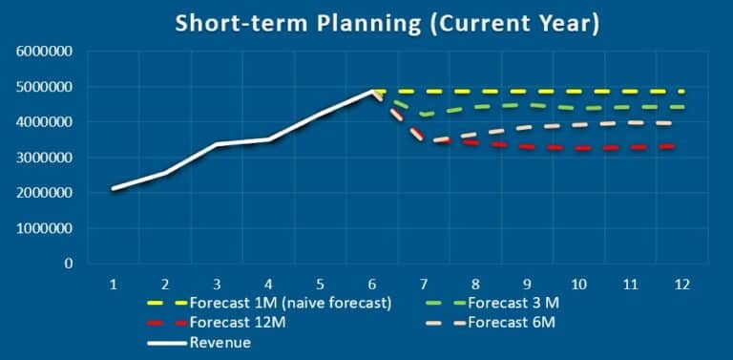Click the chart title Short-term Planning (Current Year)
(387, 23)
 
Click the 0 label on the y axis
(69, 264)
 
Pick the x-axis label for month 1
(114, 284)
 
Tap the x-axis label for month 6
(371, 284)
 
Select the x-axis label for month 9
(526, 284)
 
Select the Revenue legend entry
(220, 343)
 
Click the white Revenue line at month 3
(217, 144)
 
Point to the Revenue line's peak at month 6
(371, 92)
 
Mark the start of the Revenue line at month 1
(114, 189)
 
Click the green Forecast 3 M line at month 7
(423, 115)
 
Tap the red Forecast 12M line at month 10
(577, 148)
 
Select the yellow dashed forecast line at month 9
(526, 92)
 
